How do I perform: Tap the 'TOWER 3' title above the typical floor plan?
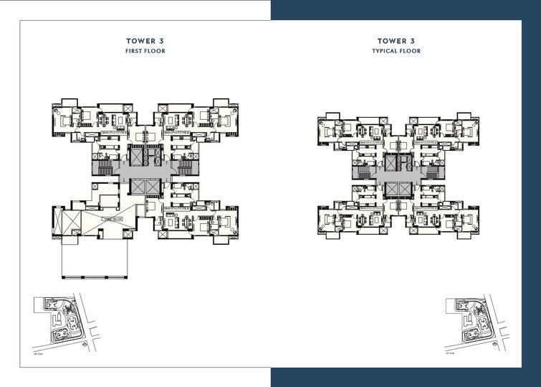coord(396,42)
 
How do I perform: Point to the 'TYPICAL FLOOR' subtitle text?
coord(396,52)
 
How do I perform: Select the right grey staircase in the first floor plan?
coord(188,167)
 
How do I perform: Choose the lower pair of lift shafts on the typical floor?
coord(396,190)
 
